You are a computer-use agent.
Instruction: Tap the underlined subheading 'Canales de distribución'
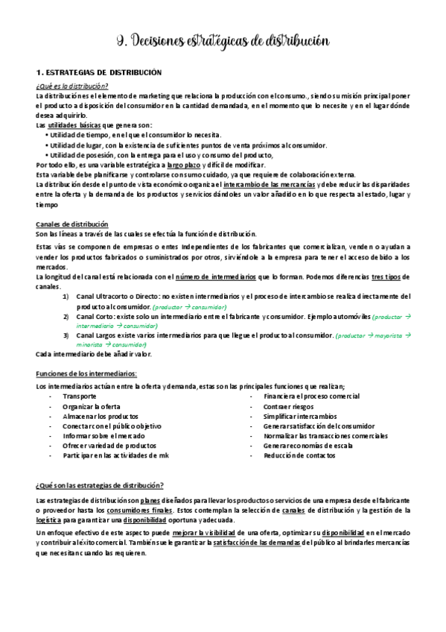click(x=71, y=224)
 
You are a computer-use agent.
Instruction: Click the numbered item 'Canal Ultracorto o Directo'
click(x=112, y=297)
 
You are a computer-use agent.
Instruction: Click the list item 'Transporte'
click(x=80, y=396)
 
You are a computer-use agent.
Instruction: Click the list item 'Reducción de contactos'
click(x=299, y=455)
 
